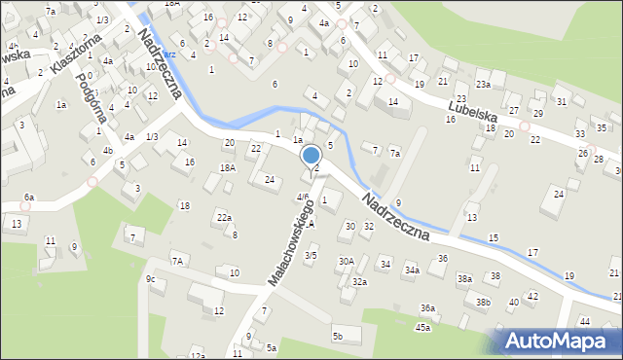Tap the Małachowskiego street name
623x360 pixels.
tap(291, 244)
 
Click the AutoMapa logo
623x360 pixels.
tap(559, 342)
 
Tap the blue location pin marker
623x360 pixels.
tap(311, 156)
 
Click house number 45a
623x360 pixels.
tap(422, 327)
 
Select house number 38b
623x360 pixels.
tap(483, 303)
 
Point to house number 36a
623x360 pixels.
tap(427, 307)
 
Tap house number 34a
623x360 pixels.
tap(413, 270)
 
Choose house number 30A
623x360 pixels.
tap(346, 261)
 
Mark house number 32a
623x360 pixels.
tap(360, 281)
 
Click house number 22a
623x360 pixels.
tap(224, 217)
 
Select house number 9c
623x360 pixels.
tap(150, 280)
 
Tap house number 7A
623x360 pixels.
tap(177, 260)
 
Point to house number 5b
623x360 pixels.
tap(338, 337)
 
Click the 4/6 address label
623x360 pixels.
tap(303, 198)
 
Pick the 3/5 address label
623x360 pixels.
tap(311, 255)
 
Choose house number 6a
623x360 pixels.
tap(29, 198)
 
